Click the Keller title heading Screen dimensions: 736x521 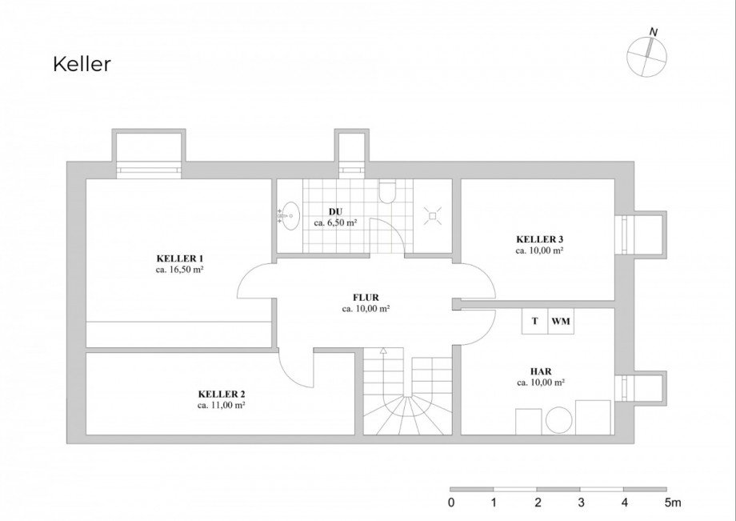click(x=82, y=64)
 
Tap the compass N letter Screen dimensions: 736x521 click(x=654, y=32)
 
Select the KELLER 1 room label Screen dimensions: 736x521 click(x=180, y=258)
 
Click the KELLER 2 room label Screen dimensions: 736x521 click(x=222, y=395)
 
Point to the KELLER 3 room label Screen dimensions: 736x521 click(x=540, y=239)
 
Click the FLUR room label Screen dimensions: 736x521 click(x=366, y=298)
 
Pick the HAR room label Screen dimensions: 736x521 click(x=541, y=371)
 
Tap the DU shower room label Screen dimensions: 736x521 click(x=336, y=212)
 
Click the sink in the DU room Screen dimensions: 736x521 click(x=289, y=216)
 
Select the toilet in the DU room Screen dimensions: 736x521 click(x=387, y=191)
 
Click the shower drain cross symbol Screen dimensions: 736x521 click(x=433, y=216)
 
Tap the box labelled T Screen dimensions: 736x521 click(x=535, y=321)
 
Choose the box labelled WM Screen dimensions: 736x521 click(x=561, y=321)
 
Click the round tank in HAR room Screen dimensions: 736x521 click(x=559, y=420)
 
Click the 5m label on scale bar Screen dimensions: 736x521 click(x=673, y=503)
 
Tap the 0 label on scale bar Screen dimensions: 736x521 click(x=451, y=503)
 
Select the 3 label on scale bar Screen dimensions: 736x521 click(x=581, y=503)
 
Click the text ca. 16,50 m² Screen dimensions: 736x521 click(x=179, y=270)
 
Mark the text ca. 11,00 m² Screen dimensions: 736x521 click(x=221, y=406)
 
